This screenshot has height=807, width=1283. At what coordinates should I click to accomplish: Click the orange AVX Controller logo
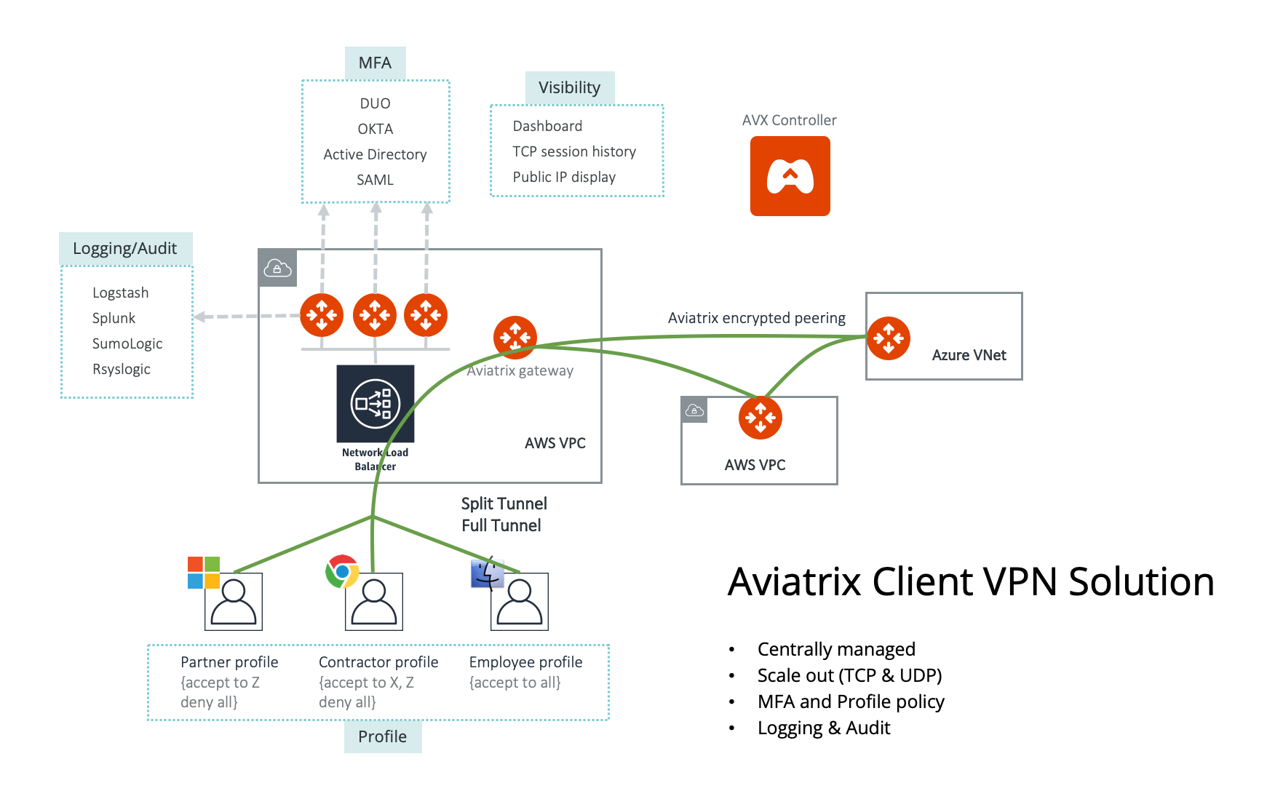click(x=790, y=176)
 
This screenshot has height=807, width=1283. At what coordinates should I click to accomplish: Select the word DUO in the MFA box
click(x=375, y=103)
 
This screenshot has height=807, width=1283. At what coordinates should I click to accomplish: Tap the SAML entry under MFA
click(x=375, y=180)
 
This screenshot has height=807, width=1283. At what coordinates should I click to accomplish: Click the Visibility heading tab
click(x=569, y=87)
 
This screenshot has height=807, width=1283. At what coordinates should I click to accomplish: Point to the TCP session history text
click(x=573, y=151)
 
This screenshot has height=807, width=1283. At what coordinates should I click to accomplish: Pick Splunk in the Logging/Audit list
click(x=114, y=318)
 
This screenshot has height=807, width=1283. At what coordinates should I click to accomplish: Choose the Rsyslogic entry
click(x=121, y=369)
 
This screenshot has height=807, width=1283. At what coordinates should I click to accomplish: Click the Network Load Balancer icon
click(x=375, y=403)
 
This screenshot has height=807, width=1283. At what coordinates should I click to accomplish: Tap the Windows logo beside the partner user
click(x=203, y=573)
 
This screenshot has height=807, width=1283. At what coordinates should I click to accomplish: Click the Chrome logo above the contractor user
click(x=342, y=571)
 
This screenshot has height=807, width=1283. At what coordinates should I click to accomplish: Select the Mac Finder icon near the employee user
click(x=487, y=573)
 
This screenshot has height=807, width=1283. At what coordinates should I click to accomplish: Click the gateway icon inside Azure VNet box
click(x=888, y=338)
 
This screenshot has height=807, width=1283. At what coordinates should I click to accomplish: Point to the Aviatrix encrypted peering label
click(x=756, y=318)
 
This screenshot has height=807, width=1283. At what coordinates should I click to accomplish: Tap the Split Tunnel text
click(x=504, y=504)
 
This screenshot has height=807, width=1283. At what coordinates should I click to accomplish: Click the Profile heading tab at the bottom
click(x=382, y=736)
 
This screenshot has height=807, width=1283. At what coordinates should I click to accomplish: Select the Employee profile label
click(x=525, y=662)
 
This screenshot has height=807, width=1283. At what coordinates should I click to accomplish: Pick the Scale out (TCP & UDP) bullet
click(x=849, y=675)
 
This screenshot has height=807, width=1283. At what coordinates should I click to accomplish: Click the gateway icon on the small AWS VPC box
click(x=760, y=418)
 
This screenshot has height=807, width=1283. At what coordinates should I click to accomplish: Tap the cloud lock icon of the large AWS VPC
click(x=277, y=268)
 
